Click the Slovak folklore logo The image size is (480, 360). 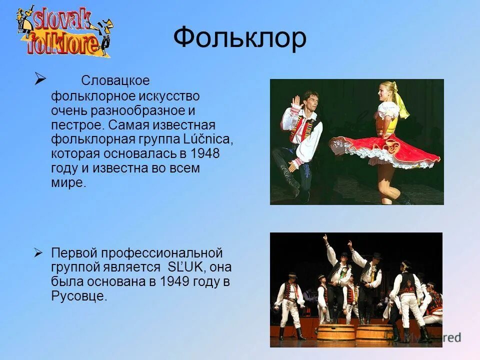pyautogui.click(x=64, y=31)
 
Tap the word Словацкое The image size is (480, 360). pyautogui.click(x=115, y=80)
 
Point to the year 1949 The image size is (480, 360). pyautogui.click(x=174, y=281)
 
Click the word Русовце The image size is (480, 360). pyautogui.click(x=79, y=296)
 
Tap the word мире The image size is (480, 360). pyautogui.click(x=68, y=182)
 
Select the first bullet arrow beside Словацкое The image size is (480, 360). pyautogui.click(x=40, y=78)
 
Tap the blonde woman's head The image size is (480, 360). pyautogui.click(x=388, y=92)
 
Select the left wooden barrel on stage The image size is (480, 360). pyautogui.click(x=336, y=332)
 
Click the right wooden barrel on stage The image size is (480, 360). pyautogui.click(x=374, y=332)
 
